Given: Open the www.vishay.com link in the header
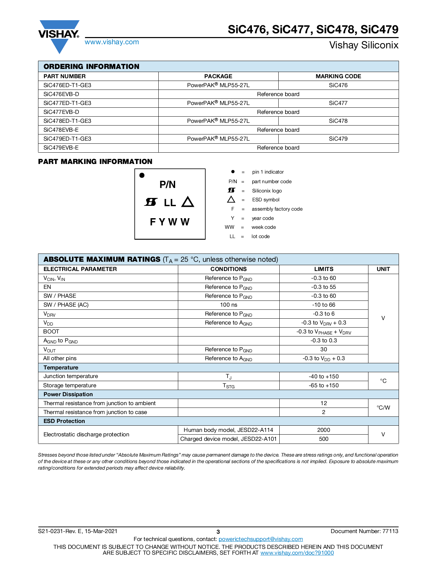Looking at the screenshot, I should pos(112,42).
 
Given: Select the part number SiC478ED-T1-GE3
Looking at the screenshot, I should pos(67,121).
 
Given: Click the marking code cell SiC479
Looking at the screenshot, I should pos(338,139).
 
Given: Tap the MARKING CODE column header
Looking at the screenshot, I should pos(338,76).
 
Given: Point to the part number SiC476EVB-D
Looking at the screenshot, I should pos(61,94).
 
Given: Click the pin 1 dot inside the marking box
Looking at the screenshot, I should pos(142,175).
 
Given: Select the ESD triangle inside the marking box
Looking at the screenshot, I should pos(187,202).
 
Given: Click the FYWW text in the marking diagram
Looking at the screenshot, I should pos(170,222).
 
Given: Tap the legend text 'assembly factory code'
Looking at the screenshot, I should pos(277,209).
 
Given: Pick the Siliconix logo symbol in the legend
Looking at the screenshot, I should pos(232,190).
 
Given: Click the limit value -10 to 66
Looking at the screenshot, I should pos(324,305).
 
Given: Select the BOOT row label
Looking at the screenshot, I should pos(51,331).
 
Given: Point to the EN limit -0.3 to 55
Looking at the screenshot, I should pos(324,287).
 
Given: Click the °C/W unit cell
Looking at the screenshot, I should pos(383,408).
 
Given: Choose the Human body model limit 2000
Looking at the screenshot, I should pos(324,430).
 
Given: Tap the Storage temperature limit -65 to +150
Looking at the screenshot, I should pos(324,385).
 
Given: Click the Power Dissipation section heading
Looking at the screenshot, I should pos(68,394).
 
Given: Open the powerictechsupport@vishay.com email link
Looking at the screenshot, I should pos(260,539).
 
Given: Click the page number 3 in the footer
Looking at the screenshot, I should pos(218,532).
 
